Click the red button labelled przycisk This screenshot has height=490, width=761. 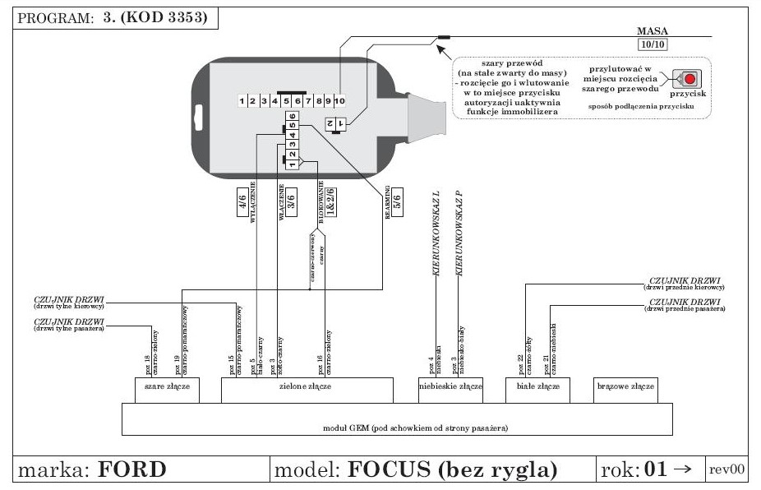coord(689,79)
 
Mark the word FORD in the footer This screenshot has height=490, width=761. coord(131,469)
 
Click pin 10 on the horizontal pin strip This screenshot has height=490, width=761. coord(339,100)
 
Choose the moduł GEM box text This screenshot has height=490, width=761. coord(396,428)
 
